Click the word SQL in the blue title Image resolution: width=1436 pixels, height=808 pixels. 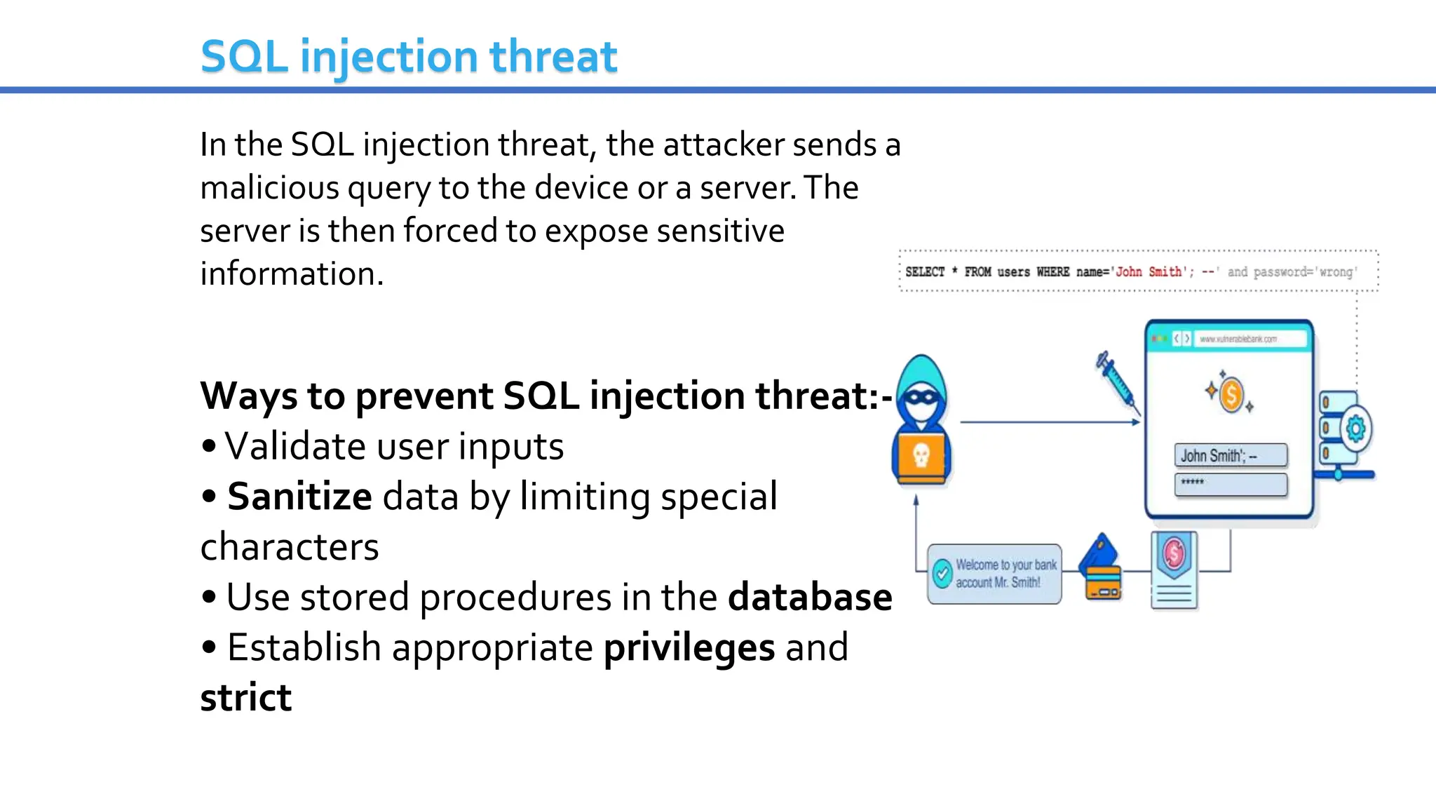(244, 57)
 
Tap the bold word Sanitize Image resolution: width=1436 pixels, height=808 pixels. (299, 497)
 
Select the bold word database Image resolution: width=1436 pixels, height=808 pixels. (810, 597)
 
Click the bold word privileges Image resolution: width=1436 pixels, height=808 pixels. (689, 647)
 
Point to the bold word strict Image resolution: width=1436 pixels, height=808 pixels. (245, 698)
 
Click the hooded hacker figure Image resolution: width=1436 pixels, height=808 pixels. (921, 421)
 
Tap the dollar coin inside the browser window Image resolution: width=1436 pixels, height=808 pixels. (1231, 394)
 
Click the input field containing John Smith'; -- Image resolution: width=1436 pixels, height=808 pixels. (1231, 455)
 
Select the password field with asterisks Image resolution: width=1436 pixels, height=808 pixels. (1231, 484)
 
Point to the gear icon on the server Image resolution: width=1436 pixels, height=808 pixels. (1356, 428)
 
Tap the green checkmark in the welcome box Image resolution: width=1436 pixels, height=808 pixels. (942, 573)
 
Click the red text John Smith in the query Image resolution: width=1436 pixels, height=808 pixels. (1149, 271)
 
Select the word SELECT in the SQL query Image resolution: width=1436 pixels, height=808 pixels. (925, 271)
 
